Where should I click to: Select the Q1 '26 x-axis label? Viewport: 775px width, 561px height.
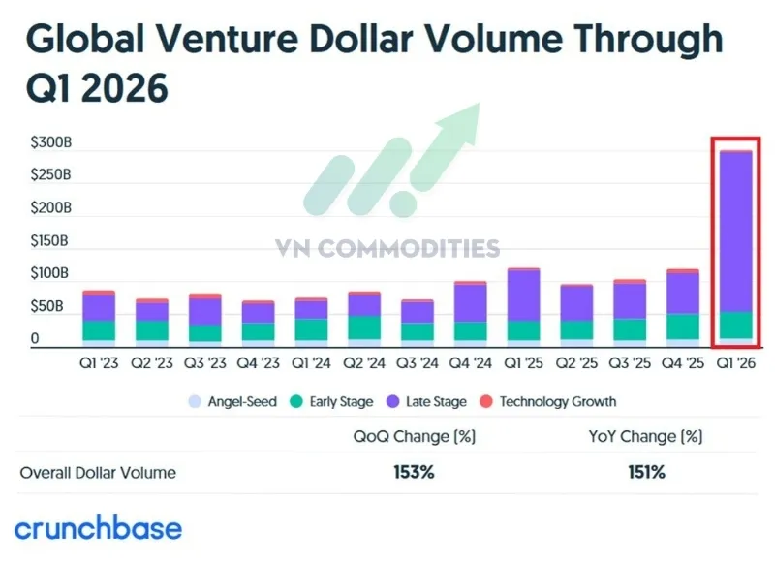click(x=735, y=364)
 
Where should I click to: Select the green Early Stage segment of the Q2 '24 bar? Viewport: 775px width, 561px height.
click(x=364, y=327)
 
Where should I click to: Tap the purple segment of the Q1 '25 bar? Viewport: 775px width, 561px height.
click(x=524, y=296)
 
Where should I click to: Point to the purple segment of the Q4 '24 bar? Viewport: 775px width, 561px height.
click(x=470, y=303)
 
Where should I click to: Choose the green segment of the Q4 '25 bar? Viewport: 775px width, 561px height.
click(x=682, y=327)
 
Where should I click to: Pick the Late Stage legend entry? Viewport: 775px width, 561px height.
click(x=428, y=401)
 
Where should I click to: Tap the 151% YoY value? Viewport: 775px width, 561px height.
click(x=644, y=473)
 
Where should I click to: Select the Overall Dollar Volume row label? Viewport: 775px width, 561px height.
click(x=98, y=473)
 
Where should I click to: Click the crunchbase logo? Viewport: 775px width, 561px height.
click(x=98, y=528)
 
